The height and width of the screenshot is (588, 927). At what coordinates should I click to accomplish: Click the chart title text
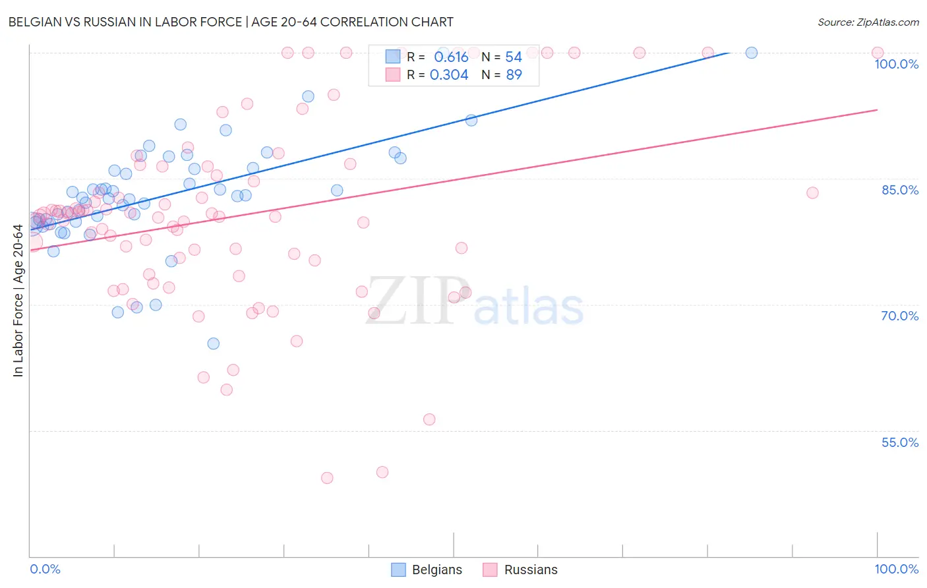tap(231, 22)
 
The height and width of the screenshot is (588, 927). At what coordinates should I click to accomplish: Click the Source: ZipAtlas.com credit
tap(868, 22)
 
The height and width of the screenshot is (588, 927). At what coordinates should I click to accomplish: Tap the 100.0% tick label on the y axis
tap(896, 64)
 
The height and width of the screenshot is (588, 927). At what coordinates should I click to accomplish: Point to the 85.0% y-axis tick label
tap(899, 190)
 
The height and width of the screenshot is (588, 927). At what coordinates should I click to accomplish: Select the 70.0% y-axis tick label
tap(899, 316)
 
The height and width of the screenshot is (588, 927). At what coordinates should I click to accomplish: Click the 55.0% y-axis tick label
tap(899, 442)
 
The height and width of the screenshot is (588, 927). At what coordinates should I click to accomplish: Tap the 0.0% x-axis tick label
tap(45, 569)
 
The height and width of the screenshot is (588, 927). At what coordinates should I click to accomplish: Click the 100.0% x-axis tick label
tap(896, 569)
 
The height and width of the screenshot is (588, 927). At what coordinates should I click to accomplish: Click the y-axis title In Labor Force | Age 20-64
tap(18, 301)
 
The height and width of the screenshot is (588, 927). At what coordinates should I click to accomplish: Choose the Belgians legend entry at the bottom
tap(427, 570)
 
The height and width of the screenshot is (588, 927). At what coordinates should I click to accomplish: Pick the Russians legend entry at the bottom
tap(520, 570)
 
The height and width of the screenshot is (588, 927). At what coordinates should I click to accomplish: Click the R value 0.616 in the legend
tap(451, 57)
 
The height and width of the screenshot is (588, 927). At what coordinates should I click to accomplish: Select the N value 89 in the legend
tap(514, 75)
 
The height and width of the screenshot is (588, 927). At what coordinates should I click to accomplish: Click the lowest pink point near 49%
tap(327, 478)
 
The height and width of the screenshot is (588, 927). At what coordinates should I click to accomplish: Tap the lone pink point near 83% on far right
tap(812, 192)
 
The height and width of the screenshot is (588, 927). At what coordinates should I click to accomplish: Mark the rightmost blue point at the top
tap(752, 53)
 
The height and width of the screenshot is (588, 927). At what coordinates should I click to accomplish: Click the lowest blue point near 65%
tap(213, 343)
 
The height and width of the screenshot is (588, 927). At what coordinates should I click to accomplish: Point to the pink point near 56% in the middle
tap(429, 419)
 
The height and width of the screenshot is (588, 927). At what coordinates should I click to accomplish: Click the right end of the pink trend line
tap(877, 109)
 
